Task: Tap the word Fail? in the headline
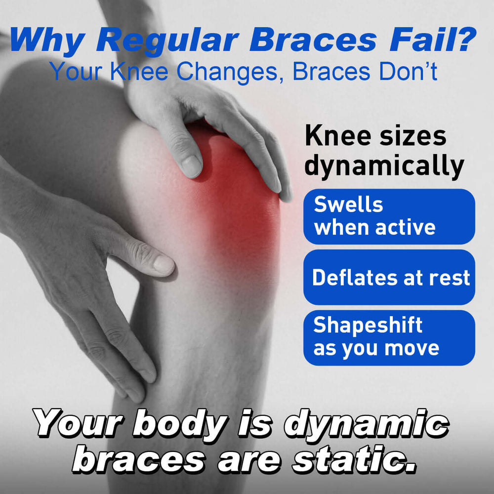pos(433,39)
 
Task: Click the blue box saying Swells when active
pos(389,216)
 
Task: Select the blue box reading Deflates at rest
pos(389,277)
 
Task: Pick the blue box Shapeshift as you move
pos(389,338)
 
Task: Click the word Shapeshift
pos(368,326)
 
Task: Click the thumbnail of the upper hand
pos(191,166)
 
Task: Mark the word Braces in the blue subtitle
pos(331,72)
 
